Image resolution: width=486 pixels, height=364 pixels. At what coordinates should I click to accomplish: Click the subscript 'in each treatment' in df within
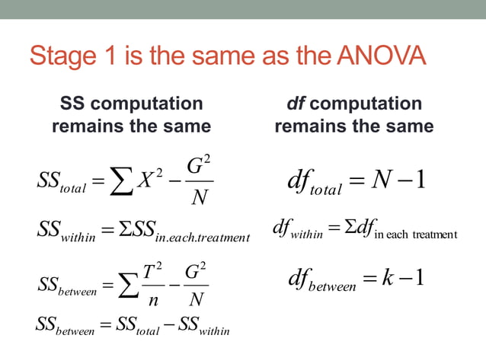point(415,232)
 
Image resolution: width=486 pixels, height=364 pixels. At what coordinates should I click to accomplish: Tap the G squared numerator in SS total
point(200,164)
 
